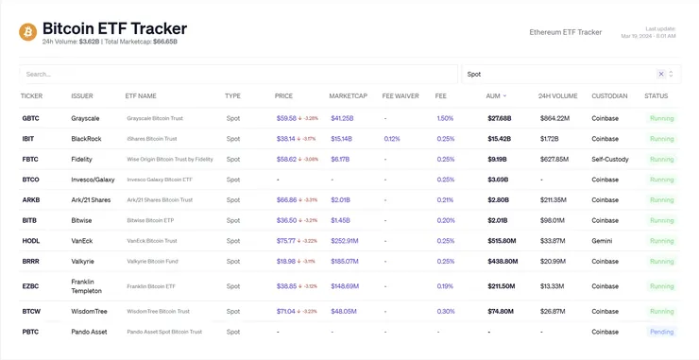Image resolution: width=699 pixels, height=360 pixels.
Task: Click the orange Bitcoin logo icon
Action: (x=27, y=32)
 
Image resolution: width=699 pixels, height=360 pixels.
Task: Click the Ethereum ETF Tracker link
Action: (x=566, y=32)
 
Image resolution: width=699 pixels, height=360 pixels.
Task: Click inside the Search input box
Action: (x=236, y=74)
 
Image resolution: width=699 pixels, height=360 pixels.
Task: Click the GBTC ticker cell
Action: (x=30, y=118)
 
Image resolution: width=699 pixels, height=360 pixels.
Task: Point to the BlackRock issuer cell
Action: (x=86, y=139)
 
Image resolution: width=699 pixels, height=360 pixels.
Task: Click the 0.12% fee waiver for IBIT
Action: (x=392, y=139)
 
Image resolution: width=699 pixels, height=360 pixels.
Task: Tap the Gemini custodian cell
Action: (x=603, y=241)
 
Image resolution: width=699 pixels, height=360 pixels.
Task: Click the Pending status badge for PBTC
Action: (x=661, y=332)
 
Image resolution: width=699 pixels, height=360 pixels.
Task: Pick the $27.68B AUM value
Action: (x=499, y=118)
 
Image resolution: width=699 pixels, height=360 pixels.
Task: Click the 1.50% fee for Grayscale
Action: (x=445, y=118)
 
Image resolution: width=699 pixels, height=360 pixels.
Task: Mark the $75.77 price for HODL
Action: (x=286, y=241)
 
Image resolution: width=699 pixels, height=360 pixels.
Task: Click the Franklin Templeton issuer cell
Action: (x=87, y=285)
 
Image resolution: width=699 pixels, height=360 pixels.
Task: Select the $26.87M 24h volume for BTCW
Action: (x=552, y=311)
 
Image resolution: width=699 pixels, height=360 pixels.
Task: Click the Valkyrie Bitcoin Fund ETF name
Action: (x=152, y=262)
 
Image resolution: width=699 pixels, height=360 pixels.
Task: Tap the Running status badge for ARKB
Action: (x=661, y=200)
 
